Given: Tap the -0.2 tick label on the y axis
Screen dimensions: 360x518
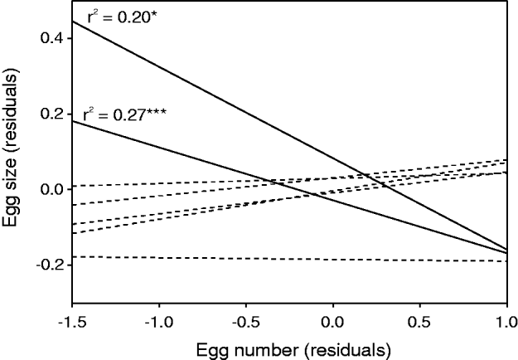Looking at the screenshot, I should (x=47, y=265).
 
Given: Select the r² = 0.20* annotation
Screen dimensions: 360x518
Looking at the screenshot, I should (x=124, y=16).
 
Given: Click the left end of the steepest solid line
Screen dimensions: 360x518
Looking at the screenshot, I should (x=74, y=21).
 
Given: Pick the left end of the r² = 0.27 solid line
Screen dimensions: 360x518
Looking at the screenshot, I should (x=74, y=121).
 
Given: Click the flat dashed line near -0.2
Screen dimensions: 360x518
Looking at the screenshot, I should (x=290, y=260).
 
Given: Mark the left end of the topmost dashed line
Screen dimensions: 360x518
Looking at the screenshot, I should (x=74, y=186).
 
